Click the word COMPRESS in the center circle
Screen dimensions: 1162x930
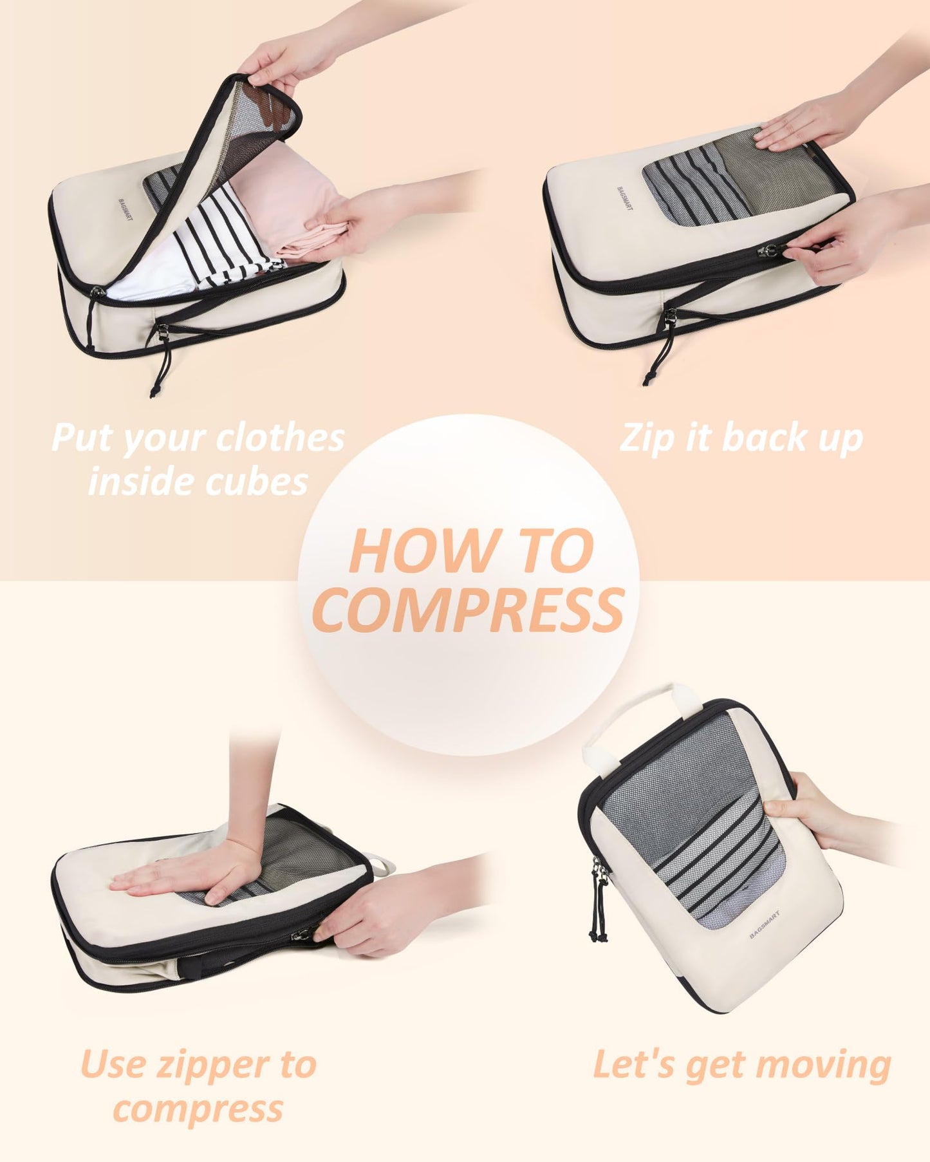click(469, 610)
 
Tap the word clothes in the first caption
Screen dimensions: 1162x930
click(280, 438)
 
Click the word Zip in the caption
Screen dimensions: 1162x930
click(646, 438)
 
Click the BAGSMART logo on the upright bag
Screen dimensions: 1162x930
click(764, 924)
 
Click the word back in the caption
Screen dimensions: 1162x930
click(763, 438)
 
